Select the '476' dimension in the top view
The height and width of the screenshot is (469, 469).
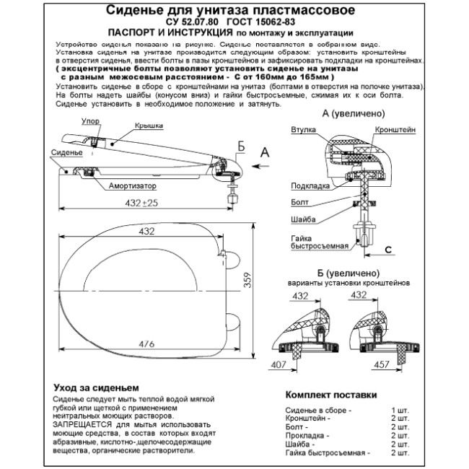[148, 343]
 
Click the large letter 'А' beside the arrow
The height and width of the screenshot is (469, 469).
[266, 151]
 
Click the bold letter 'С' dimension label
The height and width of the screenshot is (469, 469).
[388, 249]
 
